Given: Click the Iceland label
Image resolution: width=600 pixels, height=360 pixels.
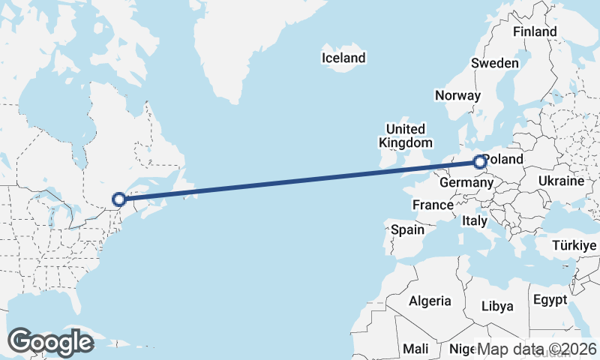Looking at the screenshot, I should [343, 58].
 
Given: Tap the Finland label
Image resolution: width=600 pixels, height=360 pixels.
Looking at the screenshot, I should [535, 32].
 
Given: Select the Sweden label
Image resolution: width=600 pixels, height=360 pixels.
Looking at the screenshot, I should [494, 63].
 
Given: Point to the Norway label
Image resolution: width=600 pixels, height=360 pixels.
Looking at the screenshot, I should [457, 95].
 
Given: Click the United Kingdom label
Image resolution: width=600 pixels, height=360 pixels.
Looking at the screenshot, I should [405, 136].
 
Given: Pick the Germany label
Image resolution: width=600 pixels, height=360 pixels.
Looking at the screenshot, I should [466, 183].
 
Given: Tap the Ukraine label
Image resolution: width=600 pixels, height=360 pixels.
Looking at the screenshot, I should [561, 181].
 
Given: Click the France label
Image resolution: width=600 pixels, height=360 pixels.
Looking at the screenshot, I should [433, 205].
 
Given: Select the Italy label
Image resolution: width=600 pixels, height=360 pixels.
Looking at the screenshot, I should [475, 221].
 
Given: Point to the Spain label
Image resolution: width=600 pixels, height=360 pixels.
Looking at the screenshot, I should [408, 230].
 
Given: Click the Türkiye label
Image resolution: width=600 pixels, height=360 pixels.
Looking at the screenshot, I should [575, 245].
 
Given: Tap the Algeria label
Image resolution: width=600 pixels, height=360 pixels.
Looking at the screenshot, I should [430, 301].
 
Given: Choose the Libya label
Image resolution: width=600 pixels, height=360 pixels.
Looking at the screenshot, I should [497, 306].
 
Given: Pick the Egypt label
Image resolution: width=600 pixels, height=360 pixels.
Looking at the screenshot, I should [550, 300].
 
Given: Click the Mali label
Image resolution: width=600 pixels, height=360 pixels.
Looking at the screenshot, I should [415, 349].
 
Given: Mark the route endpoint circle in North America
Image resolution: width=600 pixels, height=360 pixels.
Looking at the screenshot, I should [118, 199].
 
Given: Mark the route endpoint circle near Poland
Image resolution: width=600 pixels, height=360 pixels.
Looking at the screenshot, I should [479, 161].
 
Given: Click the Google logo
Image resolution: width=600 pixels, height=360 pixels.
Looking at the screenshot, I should [50, 342].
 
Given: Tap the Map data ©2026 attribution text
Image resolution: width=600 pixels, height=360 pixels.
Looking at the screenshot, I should [537, 349].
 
